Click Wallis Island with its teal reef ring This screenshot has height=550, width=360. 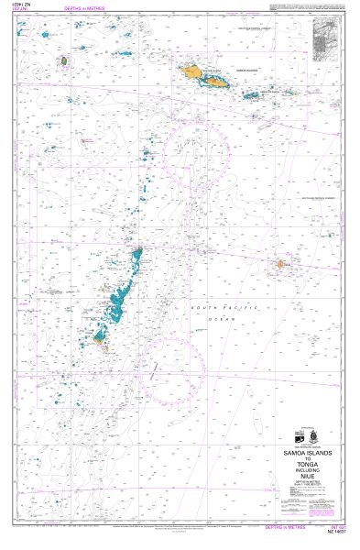[x=63, y=61]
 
